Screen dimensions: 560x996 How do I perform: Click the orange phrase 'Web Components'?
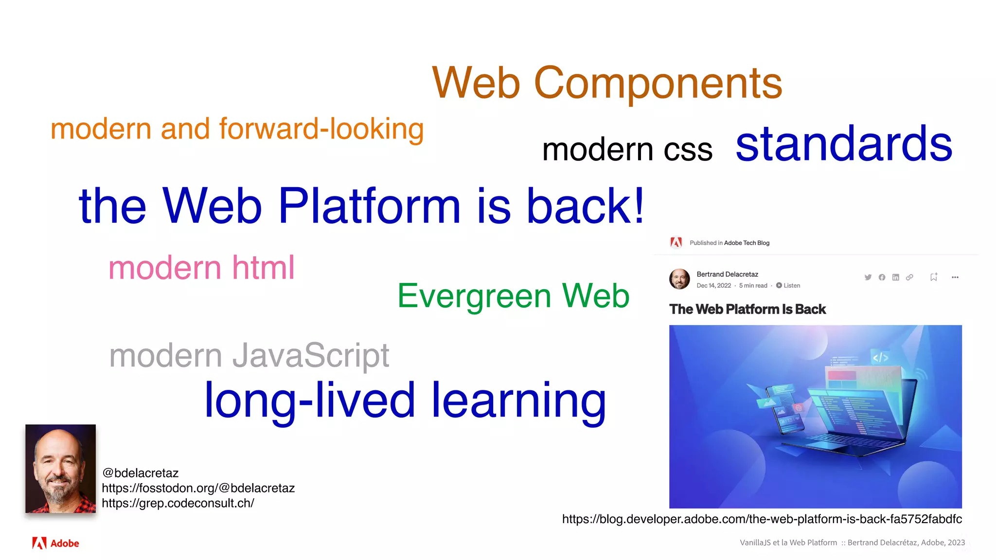(x=607, y=83)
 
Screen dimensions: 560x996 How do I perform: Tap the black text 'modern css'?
(x=627, y=149)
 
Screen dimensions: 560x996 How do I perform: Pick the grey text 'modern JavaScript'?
(x=249, y=355)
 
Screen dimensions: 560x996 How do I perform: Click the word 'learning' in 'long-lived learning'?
(x=518, y=400)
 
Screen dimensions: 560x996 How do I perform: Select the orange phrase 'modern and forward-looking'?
(x=237, y=129)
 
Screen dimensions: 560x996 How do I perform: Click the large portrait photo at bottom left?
(x=60, y=469)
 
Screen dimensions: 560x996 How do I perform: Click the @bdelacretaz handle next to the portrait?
(x=141, y=473)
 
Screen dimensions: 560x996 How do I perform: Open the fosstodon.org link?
(x=198, y=488)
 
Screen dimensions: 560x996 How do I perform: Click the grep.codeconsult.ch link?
(x=178, y=503)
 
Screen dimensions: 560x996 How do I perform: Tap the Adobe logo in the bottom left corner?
(x=55, y=543)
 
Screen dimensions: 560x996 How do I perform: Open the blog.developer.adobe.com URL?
(x=762, y=519)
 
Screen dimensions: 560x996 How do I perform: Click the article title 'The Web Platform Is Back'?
(x=747, y=309)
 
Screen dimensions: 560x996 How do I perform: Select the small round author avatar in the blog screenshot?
(x=679, y=279)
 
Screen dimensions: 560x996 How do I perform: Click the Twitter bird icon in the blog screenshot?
(x=868, y=277)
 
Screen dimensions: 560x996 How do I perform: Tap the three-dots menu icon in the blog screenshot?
(x=955, y=277)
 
